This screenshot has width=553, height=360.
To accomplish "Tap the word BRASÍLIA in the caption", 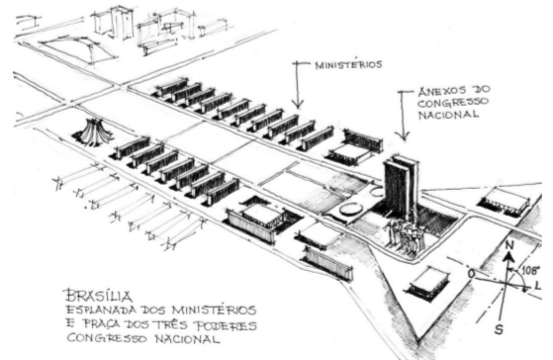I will (x=91, y=294).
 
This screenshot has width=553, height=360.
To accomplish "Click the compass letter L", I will (x=539, y=285).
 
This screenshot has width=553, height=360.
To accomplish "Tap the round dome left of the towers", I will (x=350, y=210).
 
